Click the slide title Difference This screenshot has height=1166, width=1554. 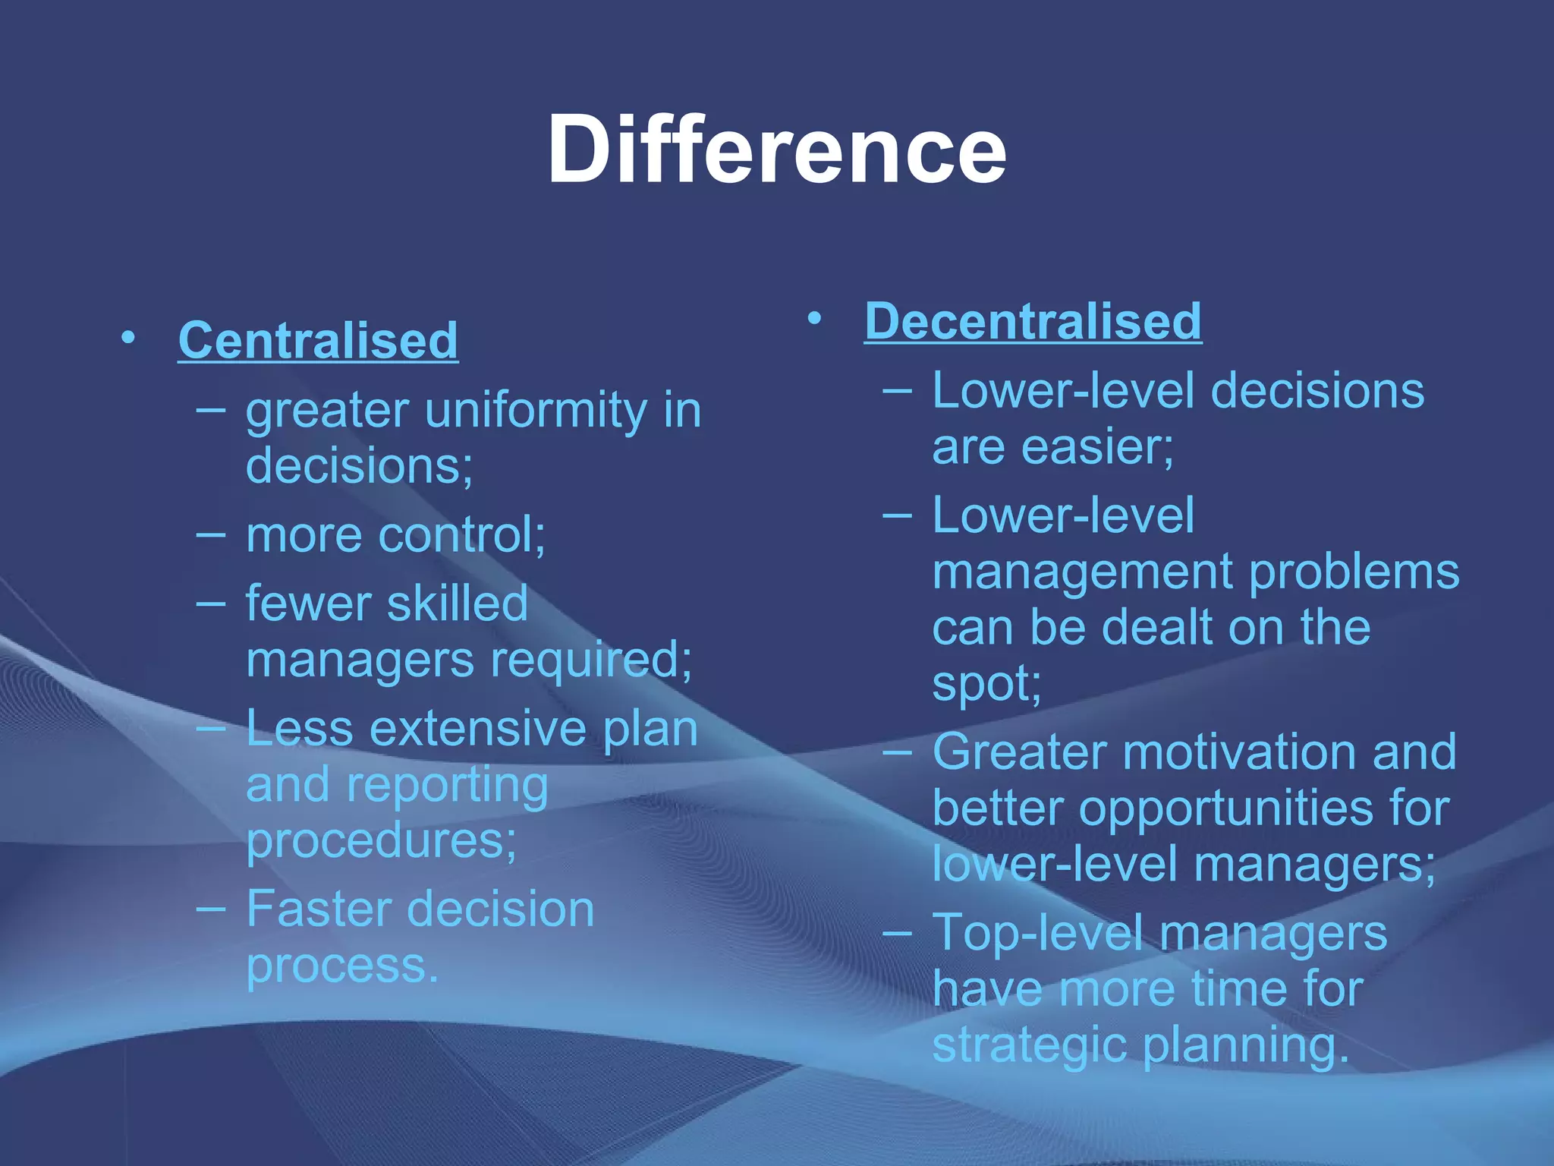click(x=776, y=149)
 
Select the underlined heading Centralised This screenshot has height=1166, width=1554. click(x=318, y=340)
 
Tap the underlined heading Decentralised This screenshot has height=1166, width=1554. click(x=1033, y=321)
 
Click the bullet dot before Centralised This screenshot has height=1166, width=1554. click(x=128, y=336)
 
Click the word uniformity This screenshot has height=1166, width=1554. click(x=536, y=411)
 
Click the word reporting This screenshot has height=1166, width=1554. click(x=448, y=786)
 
